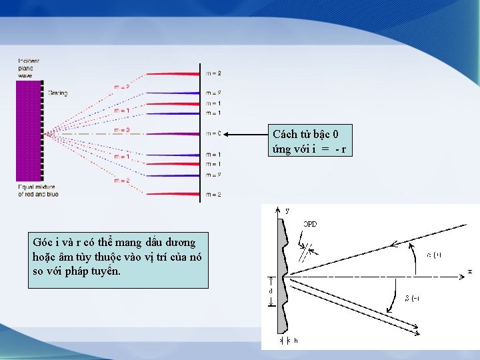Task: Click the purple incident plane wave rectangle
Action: click(27, 130)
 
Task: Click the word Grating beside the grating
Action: click(57, 93)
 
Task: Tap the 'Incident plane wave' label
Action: click(29, 68)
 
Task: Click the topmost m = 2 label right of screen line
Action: click(213, 73)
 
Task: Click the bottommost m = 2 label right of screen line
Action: click(213, 194)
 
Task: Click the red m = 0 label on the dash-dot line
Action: click(122, 130)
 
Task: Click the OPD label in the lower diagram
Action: click(310, 224)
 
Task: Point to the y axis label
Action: click(287, 211)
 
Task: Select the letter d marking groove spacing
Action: click(271, 291)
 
